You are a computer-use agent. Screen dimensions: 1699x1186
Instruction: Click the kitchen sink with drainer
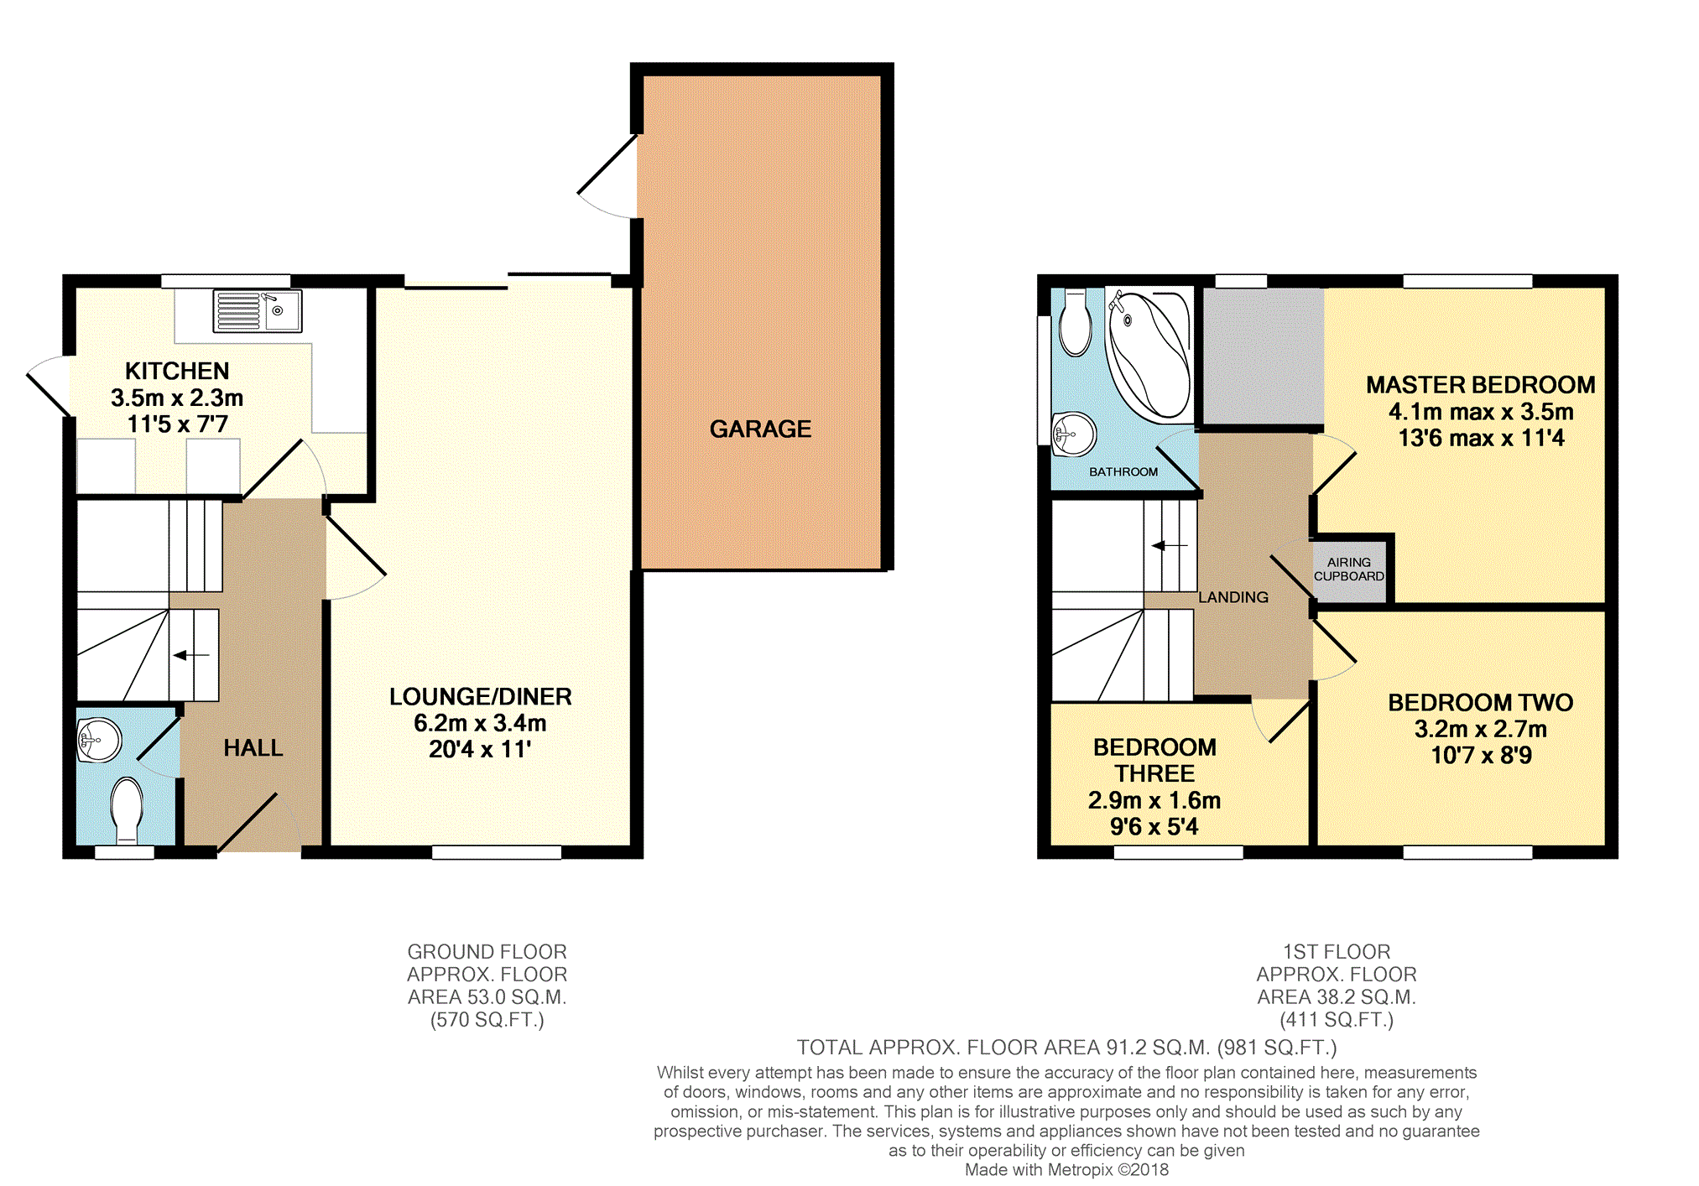(257, 311)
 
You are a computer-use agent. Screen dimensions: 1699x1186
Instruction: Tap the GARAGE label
(760, 429)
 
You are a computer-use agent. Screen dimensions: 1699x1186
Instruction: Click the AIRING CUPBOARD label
(1348, 570)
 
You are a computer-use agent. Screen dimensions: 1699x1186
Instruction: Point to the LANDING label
(1233, 597)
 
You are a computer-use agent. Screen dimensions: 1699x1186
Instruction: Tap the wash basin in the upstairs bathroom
(1074, 434)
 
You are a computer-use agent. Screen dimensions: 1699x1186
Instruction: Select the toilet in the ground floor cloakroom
(127, 810)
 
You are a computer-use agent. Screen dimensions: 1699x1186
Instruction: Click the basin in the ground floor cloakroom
(99, 740)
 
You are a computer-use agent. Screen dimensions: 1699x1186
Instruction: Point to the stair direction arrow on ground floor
(191, 655)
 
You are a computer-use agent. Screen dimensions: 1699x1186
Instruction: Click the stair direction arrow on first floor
(1170, 546)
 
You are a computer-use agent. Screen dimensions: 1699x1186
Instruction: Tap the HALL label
(253, 748)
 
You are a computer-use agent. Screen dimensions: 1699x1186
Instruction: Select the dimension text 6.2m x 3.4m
(480, 723)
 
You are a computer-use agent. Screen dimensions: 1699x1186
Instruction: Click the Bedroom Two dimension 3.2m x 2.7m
(1481, 729)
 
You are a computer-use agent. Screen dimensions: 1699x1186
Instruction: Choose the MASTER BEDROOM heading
(1481, 385)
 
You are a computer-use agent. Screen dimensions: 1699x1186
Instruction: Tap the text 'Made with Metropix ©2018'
(1066, 1170)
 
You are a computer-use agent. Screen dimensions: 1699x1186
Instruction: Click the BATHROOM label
(1123, 472)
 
